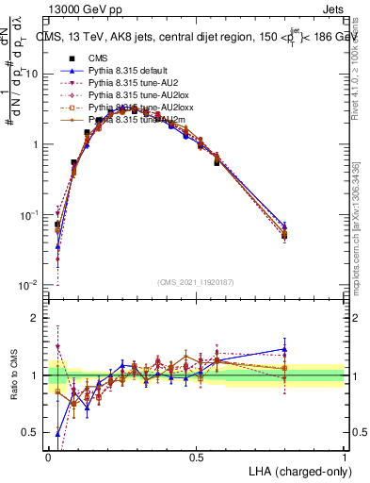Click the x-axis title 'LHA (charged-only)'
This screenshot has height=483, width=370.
click(x=295, y=470)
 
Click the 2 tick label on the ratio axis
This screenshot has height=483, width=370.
click(x=34, y=318)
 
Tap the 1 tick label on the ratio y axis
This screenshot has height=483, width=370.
click(x=34, y=375)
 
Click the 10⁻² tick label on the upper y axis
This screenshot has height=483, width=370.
click(x=28, y=285)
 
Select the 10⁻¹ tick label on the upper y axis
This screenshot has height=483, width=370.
click(x=28, y=215)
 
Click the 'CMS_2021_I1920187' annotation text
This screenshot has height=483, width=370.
click(x=196, y=281)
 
